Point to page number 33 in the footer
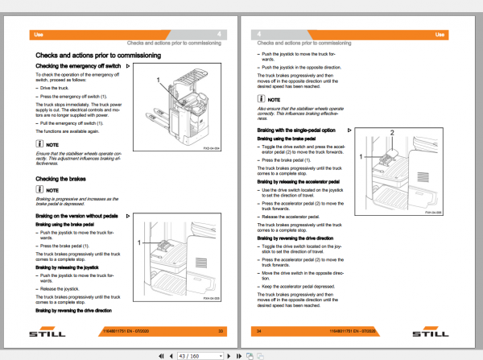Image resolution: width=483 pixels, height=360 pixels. coord(221,331)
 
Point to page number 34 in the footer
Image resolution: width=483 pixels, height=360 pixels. coord(260,331)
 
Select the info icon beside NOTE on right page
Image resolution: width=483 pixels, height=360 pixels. coord(261,98)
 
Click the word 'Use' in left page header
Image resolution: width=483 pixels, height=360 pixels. coord(37,35)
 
